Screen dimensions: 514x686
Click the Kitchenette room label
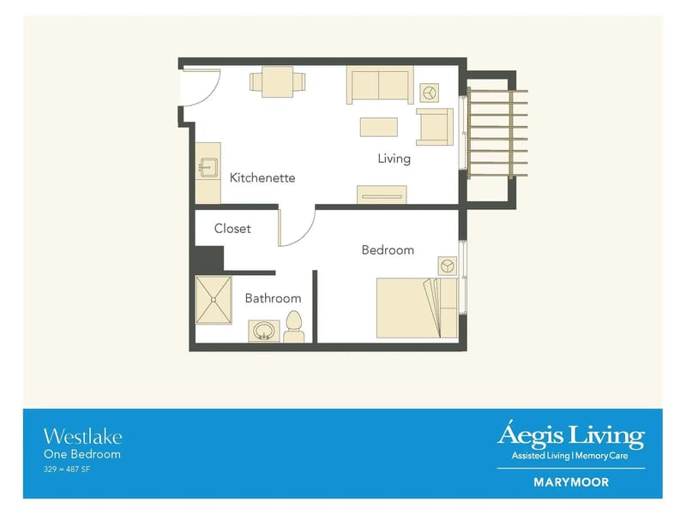point(262,178)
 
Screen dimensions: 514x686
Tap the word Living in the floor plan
point(394,158)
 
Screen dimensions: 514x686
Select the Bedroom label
point(388,250)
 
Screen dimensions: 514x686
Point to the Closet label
point(232,229)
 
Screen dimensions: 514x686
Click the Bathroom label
point(273,298)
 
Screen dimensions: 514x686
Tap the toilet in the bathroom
point(294,327)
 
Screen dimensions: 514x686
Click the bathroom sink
point(264,331)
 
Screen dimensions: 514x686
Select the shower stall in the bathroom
point(214,300)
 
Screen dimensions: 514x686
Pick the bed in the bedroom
point(407,306)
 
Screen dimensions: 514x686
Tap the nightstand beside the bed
point(446,266)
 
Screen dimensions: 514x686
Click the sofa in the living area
point(380,85)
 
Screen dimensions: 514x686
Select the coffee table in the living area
point(378,127)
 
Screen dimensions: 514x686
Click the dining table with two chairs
point(278,82)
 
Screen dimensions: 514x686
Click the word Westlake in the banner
point(82,436)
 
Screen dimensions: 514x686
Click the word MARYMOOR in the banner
point(571,482)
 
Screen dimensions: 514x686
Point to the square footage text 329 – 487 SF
point(67,469)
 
